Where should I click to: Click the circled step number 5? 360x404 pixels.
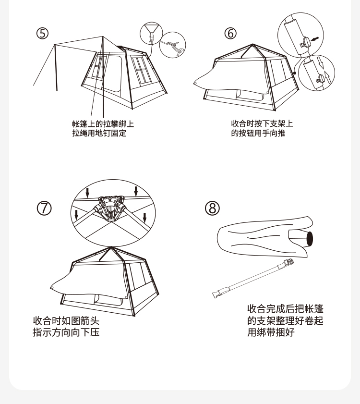[x=42, y=33]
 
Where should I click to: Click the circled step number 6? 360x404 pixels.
[x=230, y=33]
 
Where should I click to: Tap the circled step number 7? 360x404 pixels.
[x=44, y=208]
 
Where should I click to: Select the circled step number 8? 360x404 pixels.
[x=213, y=208]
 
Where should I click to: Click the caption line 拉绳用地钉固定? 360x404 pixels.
[x=99, y=133]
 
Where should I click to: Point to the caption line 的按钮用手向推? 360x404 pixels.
[x=258, y=133]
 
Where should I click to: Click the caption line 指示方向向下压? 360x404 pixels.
[x=66, y=332]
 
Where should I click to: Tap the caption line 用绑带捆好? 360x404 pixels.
[x=271, y=332]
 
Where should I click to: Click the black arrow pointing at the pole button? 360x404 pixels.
[x=315, y=39]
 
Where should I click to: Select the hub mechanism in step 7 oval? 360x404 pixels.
[x=111, y=208]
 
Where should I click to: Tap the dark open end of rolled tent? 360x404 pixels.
[x=310, y=238]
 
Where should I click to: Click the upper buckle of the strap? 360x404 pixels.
[x=289, y=263]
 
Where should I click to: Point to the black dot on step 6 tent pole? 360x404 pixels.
[x=295, y=73]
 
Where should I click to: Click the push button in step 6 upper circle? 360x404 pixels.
[x=306, y=42]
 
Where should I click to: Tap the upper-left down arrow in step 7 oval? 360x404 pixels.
[x=87, y=192]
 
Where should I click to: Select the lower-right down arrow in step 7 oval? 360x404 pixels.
[x=145, y=217]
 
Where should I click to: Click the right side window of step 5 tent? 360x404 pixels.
[x=141, y=70]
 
